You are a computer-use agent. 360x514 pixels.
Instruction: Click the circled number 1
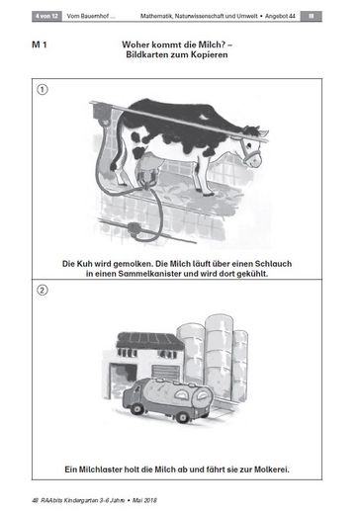pyautogui.click(x=42, y=89)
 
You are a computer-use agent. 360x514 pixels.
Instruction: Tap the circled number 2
pyautogui.click(x=42, y=290)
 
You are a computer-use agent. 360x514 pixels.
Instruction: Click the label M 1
pyautogui.click(x=40, y=44)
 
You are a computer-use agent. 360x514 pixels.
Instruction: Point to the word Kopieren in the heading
pyautogui.click(x=211, y=54)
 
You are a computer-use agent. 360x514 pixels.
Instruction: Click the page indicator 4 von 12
pyautogui.click(x=46, y=16)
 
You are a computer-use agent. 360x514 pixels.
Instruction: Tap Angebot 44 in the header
pyautogui.click(x=280, y=16)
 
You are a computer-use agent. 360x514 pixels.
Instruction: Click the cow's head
pyautogui.click(x=252, y=147)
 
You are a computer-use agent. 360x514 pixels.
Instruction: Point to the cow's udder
pyautogui.click(x=149, y=165)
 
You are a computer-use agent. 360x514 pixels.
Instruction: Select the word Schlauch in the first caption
pyautogui.click(x=273, y=264)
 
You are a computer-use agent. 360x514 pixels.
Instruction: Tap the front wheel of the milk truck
pyautogui.click(x=136, y=408)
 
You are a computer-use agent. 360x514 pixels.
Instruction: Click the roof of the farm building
pyautogui.click(x=149, y=341)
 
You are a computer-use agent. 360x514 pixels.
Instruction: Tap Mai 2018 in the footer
pyautogui.click(x=144, y=500)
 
